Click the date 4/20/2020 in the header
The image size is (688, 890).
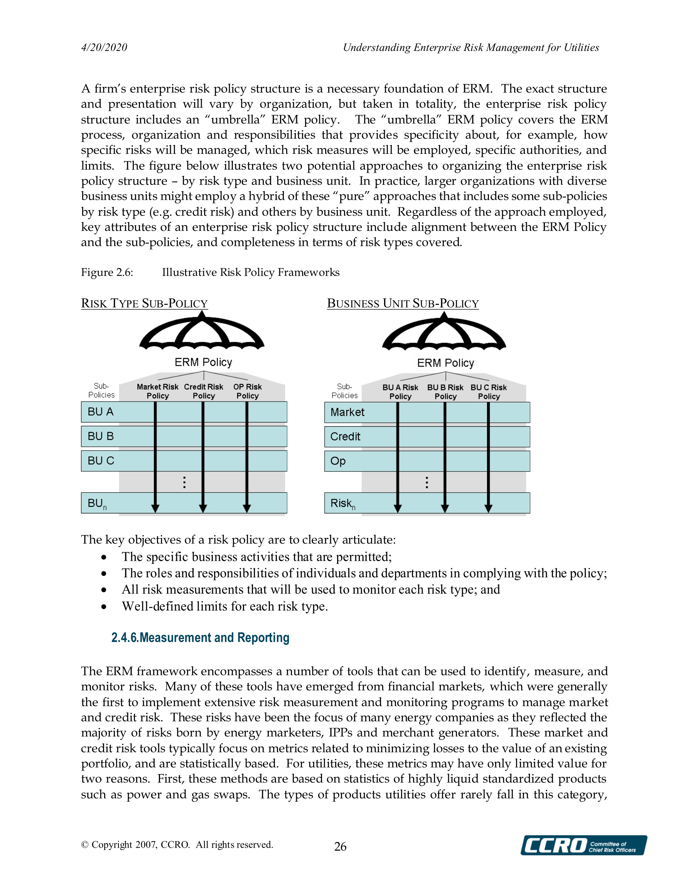point(104,48)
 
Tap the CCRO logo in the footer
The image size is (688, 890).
point(583,845)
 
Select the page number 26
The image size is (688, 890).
point(340,846)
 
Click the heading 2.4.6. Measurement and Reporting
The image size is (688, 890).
point(200,638)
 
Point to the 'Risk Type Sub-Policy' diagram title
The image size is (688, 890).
point(144,304)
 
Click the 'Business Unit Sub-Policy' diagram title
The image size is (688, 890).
point(403,304)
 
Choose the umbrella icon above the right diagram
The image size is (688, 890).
point(444,332)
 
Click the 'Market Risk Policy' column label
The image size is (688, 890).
point(157,391)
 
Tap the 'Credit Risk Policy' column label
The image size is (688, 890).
point(204,391)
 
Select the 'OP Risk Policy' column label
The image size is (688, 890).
point(248,391)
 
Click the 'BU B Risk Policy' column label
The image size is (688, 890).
point(445,392)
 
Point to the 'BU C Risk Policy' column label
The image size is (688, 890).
point(489,392)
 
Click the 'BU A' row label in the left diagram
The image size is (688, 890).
point(100,412)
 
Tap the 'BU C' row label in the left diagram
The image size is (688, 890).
point(101,461)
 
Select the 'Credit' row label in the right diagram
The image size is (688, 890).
point(345,436)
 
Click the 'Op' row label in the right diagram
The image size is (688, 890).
point(338,461)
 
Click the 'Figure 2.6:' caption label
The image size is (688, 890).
point(107,272)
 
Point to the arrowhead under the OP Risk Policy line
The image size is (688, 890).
point(247,508)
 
